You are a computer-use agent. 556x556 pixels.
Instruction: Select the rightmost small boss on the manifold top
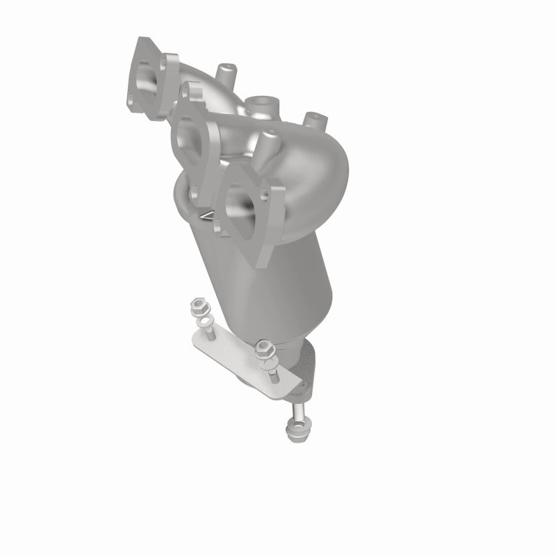pyautogui.click(x=313, y=118)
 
